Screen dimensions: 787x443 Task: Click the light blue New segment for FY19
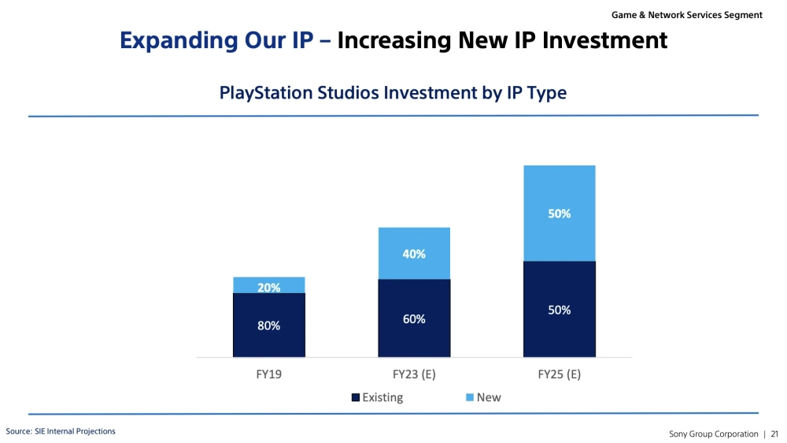click(269, 285)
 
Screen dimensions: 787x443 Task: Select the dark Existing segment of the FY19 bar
click(269, 325)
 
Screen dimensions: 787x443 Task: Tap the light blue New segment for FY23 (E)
click(414, 254)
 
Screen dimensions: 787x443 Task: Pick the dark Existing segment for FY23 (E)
click(414, 318)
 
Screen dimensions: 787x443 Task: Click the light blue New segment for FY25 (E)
click(560, 213)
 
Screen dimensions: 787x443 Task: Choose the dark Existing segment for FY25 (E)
click(560, 309)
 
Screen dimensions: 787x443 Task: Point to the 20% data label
click(269, 288)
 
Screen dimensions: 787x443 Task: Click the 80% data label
click(269, 326)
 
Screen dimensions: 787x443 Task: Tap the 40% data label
click(414, 254)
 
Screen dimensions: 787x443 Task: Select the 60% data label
click(414, 318)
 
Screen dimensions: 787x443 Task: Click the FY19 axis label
click(269, 374)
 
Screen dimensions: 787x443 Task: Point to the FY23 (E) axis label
click(414, 374)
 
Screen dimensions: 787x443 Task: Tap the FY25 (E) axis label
click(559, 374)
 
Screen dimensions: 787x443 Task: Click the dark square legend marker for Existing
click(356, 397)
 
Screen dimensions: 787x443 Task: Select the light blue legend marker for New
click(470, 397)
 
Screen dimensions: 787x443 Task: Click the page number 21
click(774, 434)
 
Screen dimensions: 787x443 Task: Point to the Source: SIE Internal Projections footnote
click(61, 431)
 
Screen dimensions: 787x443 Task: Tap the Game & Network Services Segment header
click(686, 15)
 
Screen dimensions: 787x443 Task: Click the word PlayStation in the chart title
click(266, 93)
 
